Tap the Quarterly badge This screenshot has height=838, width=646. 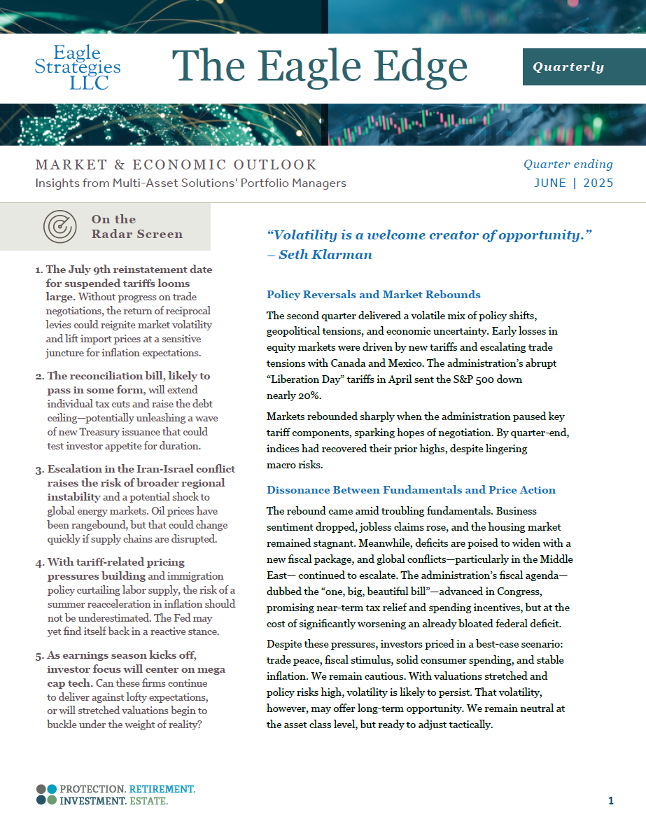coord(568,67)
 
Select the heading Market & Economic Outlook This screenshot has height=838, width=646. coord(176,165)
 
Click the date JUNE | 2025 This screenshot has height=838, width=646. coord(573,183)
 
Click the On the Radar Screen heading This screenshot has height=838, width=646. coord(136,227)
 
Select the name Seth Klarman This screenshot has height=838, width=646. coord(325,254)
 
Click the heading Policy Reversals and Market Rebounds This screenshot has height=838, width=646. coord(374,294)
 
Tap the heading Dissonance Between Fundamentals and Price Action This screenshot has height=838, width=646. coord(411,490)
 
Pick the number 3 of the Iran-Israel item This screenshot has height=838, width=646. coord(38,469)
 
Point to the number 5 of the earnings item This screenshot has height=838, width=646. coord(38,655)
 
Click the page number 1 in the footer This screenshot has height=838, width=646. coord(611,801)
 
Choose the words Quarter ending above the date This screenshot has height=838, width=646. coord(568,165)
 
